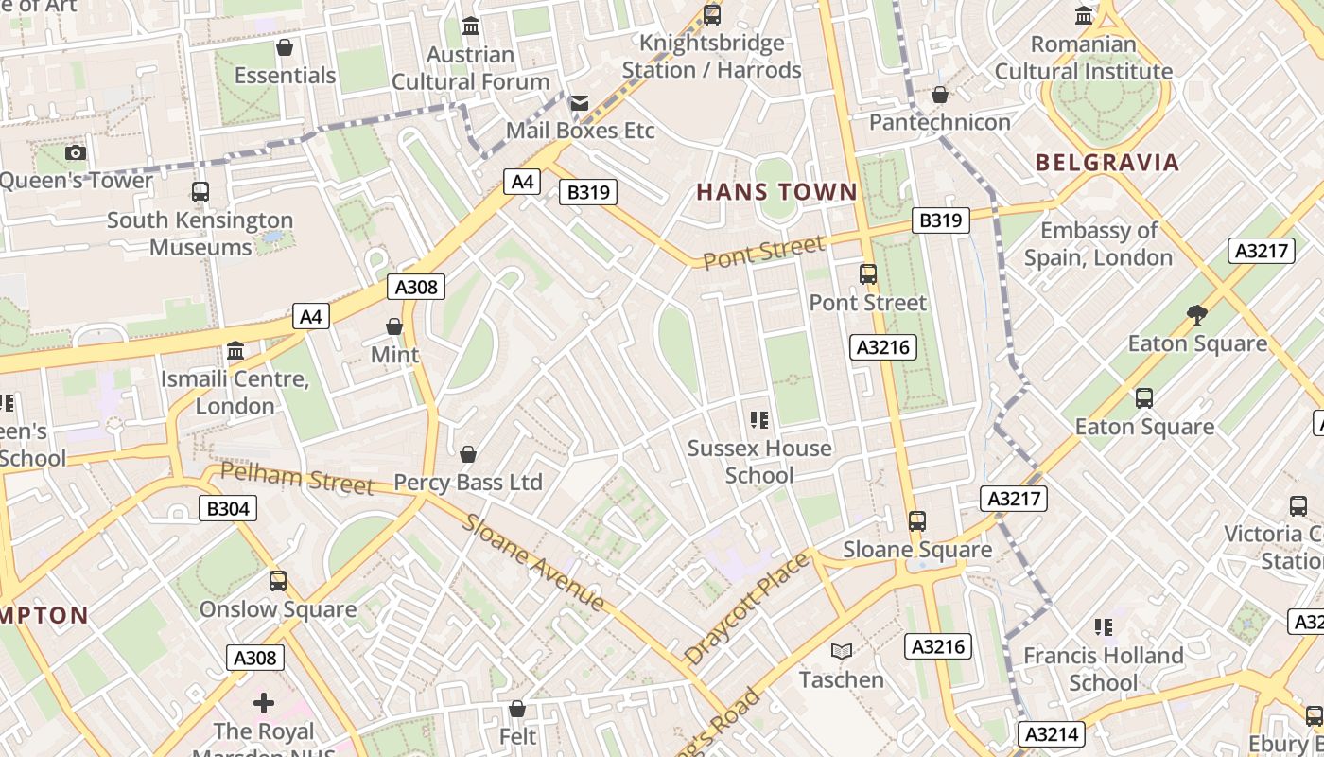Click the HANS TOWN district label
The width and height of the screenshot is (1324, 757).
click(776, 192)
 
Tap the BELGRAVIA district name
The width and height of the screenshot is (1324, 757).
click(1107, 162)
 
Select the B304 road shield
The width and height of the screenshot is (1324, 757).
click(228, 508)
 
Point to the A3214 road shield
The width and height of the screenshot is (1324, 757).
click(1053, 733)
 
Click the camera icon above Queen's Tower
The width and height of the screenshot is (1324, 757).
click(76, 152)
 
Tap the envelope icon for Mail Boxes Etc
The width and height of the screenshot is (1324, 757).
click(580, 102)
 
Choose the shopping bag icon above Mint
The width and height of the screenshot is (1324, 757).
click(394, 326)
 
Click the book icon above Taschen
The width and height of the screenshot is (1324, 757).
click(842, 651)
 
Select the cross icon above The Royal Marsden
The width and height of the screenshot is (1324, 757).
click(264, 702)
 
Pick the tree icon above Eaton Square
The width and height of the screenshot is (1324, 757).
click(1197, 314)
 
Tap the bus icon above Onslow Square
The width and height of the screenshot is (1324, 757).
click(277, 580)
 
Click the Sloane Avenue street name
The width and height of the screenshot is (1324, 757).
click(534, 562)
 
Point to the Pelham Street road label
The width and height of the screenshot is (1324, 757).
click(297, 478)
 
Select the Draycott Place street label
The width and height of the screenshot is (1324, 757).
click(747, 607)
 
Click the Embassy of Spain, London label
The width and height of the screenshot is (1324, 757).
click(1098, 244)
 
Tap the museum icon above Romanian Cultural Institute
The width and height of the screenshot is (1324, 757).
click(1084, 16)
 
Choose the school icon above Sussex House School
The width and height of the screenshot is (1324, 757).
click(759, 419)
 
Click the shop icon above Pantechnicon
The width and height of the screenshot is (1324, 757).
click(940, 95)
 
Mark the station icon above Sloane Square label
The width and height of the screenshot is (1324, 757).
click(917, 520)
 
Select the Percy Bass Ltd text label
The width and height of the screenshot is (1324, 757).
click(468, 483)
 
